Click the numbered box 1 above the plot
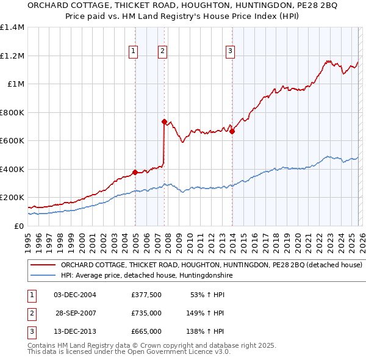coord(133,51)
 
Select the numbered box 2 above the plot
coord(163,51)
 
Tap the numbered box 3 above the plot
coord(231,51)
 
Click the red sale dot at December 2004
coord(135,172)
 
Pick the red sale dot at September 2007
coord(164,122)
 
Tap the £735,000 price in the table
coord(146,313)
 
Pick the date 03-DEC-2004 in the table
coord(74,295)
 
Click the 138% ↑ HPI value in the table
coord(205,331)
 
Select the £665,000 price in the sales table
coord(146,331)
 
